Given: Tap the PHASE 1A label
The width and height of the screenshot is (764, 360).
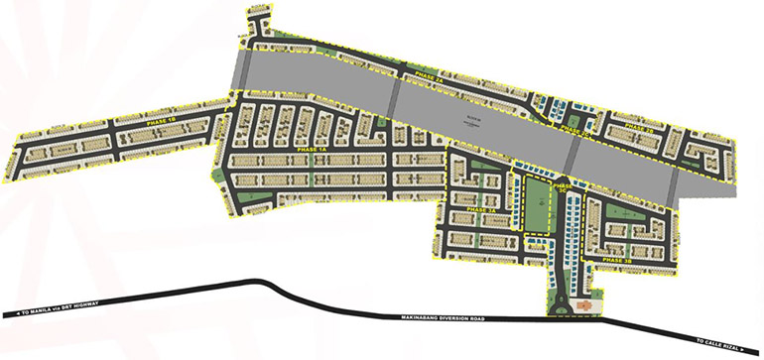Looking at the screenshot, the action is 311,150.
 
